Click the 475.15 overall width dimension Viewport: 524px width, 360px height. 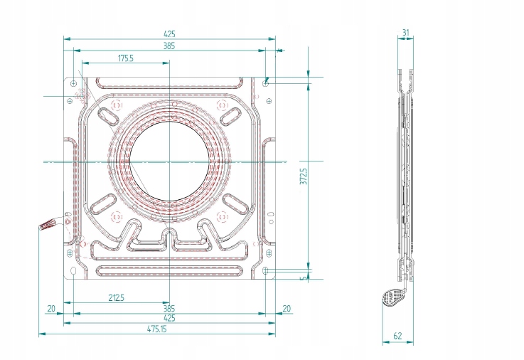(156, 329)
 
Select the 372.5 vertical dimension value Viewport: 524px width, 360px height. (304, 176)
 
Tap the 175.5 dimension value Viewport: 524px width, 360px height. (126, 58)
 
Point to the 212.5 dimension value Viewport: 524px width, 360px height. (117, 297)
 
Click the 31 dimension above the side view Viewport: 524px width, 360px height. (405, 33)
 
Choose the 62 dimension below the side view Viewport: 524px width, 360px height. (397, 336)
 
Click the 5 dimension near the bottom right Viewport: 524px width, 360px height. (304, 278)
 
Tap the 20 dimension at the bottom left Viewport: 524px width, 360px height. (51, 309)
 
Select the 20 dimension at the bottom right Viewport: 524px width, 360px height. (287, 309)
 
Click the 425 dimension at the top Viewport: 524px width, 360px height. (169, 33)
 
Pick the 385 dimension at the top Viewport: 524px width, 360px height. (169, 46)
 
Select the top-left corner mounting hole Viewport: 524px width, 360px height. (73, 83)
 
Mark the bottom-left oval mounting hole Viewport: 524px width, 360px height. (73, 270)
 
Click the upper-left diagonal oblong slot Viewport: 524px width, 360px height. (108, 117)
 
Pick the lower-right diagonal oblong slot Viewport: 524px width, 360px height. (235, 203)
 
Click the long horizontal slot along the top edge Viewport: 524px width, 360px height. (169, 83)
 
